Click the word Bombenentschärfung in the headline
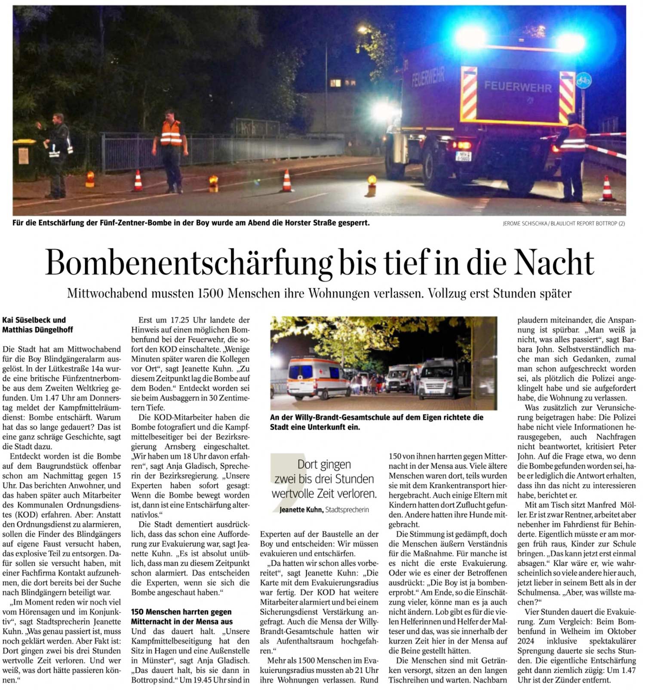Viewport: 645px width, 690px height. [x=189, y=262]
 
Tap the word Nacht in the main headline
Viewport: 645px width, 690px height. [x=554, y=262]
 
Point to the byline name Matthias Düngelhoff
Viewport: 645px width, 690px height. [x=37, y=330]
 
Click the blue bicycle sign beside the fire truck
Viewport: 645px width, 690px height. [x=584, y=80]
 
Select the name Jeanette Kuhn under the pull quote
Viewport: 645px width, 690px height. [x=301, y=510]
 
